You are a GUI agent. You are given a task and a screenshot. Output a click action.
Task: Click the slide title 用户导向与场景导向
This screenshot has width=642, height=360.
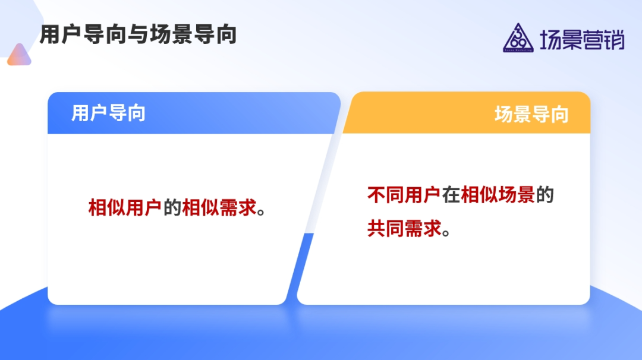coord(139,34)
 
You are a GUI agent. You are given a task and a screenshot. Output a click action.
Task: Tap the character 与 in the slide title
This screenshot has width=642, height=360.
coord(139,34)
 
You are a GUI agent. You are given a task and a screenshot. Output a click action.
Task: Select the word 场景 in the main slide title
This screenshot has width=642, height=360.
coord(171,34)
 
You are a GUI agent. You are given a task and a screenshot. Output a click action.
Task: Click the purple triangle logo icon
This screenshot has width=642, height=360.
coord(518,37)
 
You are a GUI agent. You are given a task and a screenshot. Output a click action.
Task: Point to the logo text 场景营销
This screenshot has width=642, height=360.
coord(582,40)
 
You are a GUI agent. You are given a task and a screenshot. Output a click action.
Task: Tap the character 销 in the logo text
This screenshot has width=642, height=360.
coord(614,40)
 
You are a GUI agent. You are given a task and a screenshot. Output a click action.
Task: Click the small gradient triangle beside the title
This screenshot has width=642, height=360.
coord(19,55)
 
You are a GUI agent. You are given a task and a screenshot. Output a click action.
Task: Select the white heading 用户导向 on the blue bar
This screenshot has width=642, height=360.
coord(109,113)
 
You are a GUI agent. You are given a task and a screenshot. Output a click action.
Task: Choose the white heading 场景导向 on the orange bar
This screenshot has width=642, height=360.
coord(531,114)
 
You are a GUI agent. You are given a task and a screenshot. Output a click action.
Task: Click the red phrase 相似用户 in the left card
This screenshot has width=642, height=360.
coord(125,207)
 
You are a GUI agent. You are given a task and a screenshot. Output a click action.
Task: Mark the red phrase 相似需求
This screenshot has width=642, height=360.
coord(219,207)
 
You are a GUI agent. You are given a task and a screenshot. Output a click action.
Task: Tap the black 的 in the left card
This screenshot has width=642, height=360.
coord(172,207)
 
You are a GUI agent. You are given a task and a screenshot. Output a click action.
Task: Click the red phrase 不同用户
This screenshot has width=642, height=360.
coord(404,195)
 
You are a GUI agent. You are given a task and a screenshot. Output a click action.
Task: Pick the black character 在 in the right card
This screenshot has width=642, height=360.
coord(451,195)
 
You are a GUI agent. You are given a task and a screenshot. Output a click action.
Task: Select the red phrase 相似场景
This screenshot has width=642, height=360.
coord(498,195)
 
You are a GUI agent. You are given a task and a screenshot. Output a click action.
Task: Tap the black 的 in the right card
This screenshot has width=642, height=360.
coord(545,195)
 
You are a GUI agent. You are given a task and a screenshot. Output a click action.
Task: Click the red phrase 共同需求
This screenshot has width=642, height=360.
coord(404,228)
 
